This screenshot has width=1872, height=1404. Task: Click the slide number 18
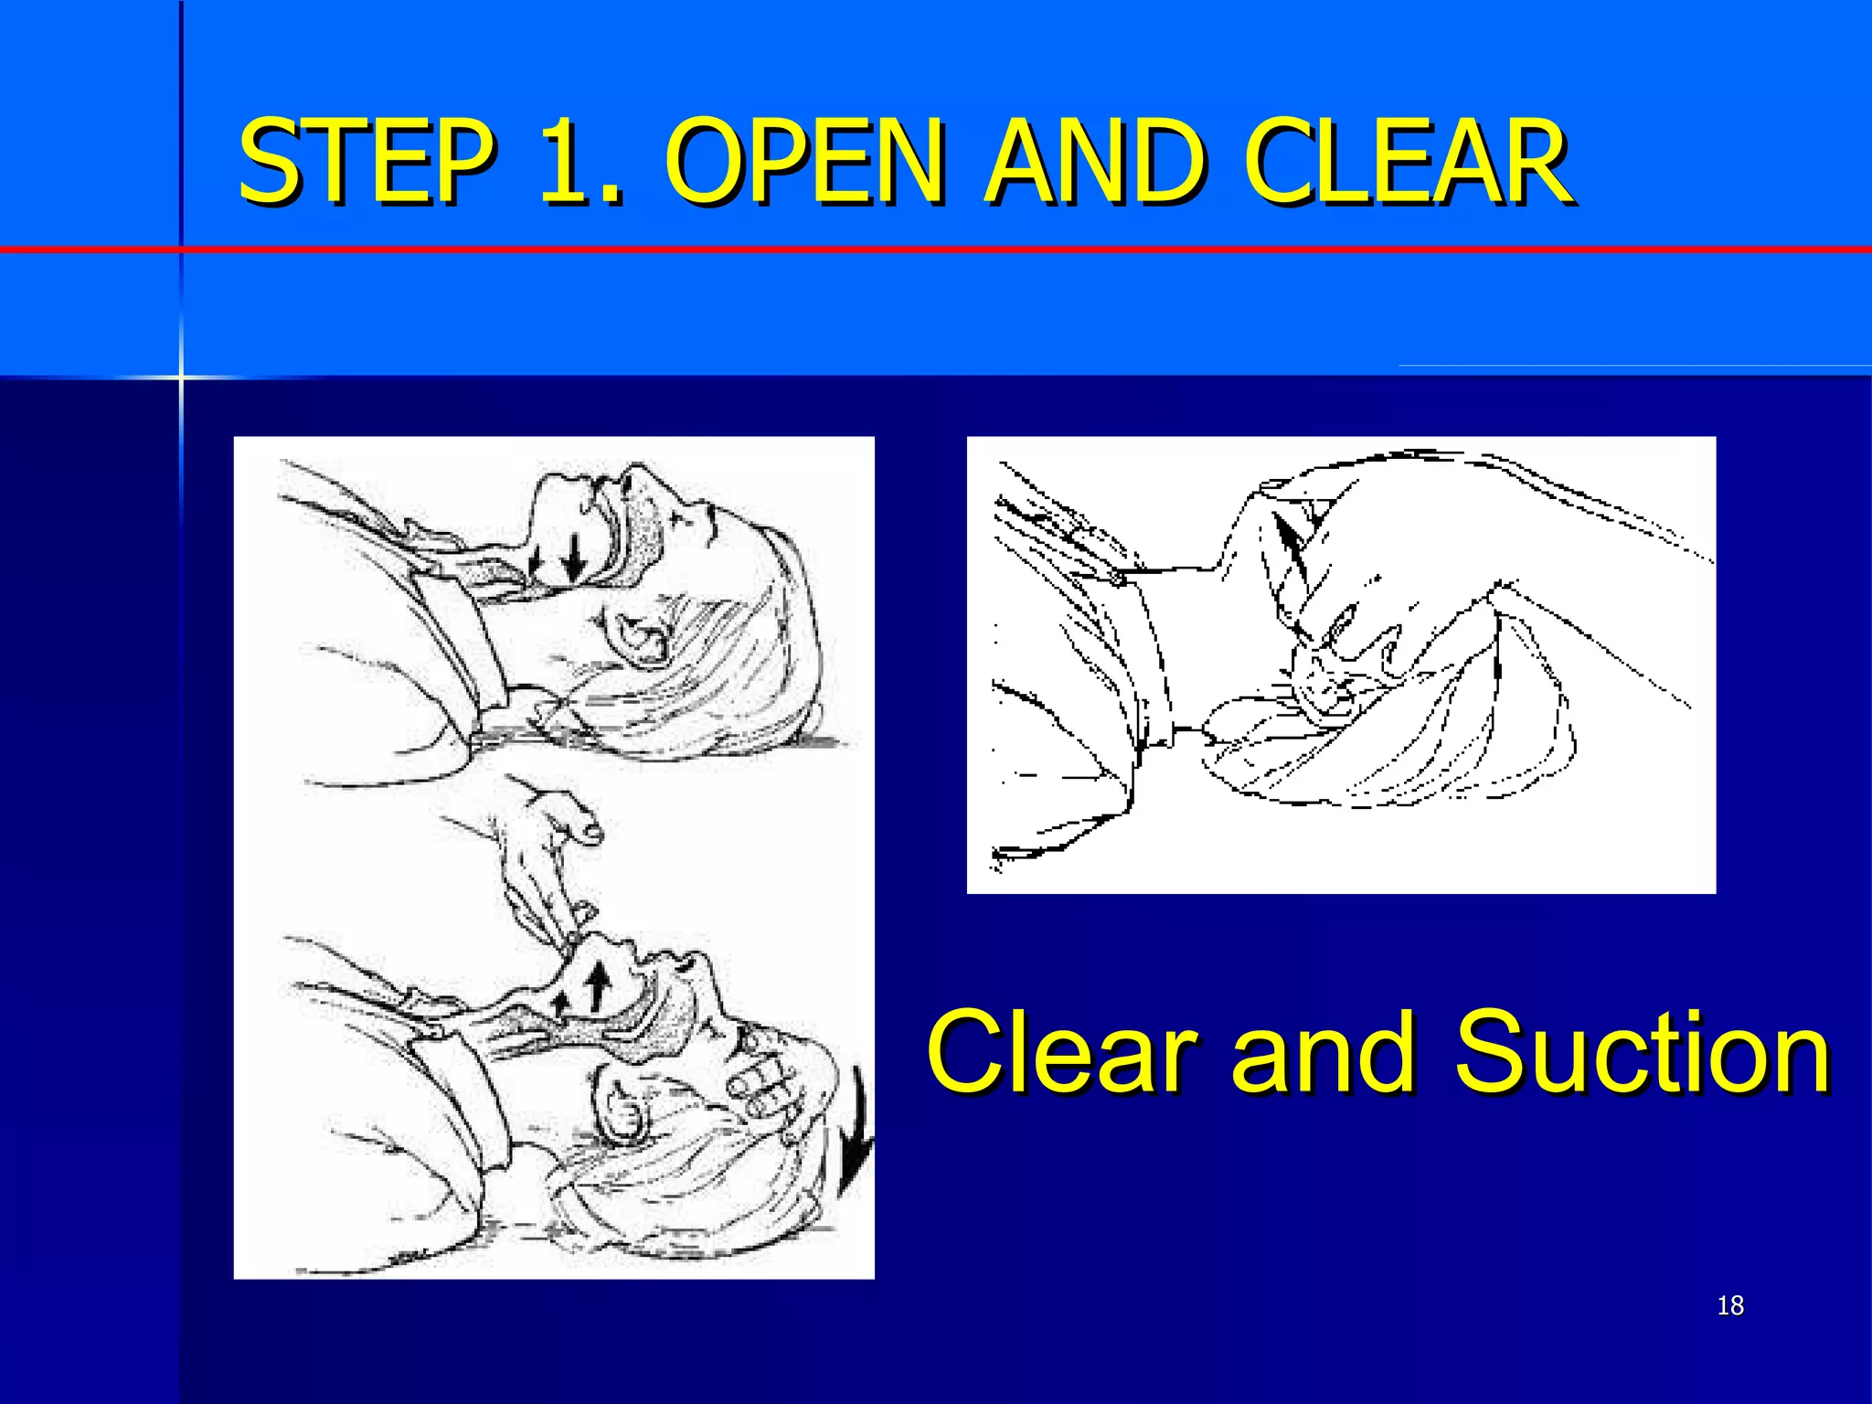tap(1730, 1305)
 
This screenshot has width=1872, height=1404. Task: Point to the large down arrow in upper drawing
tap(575, 558)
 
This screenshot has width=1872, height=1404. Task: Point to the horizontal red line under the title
tap(1005, 249)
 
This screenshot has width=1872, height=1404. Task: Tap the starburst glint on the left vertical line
tap(181, 377)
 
